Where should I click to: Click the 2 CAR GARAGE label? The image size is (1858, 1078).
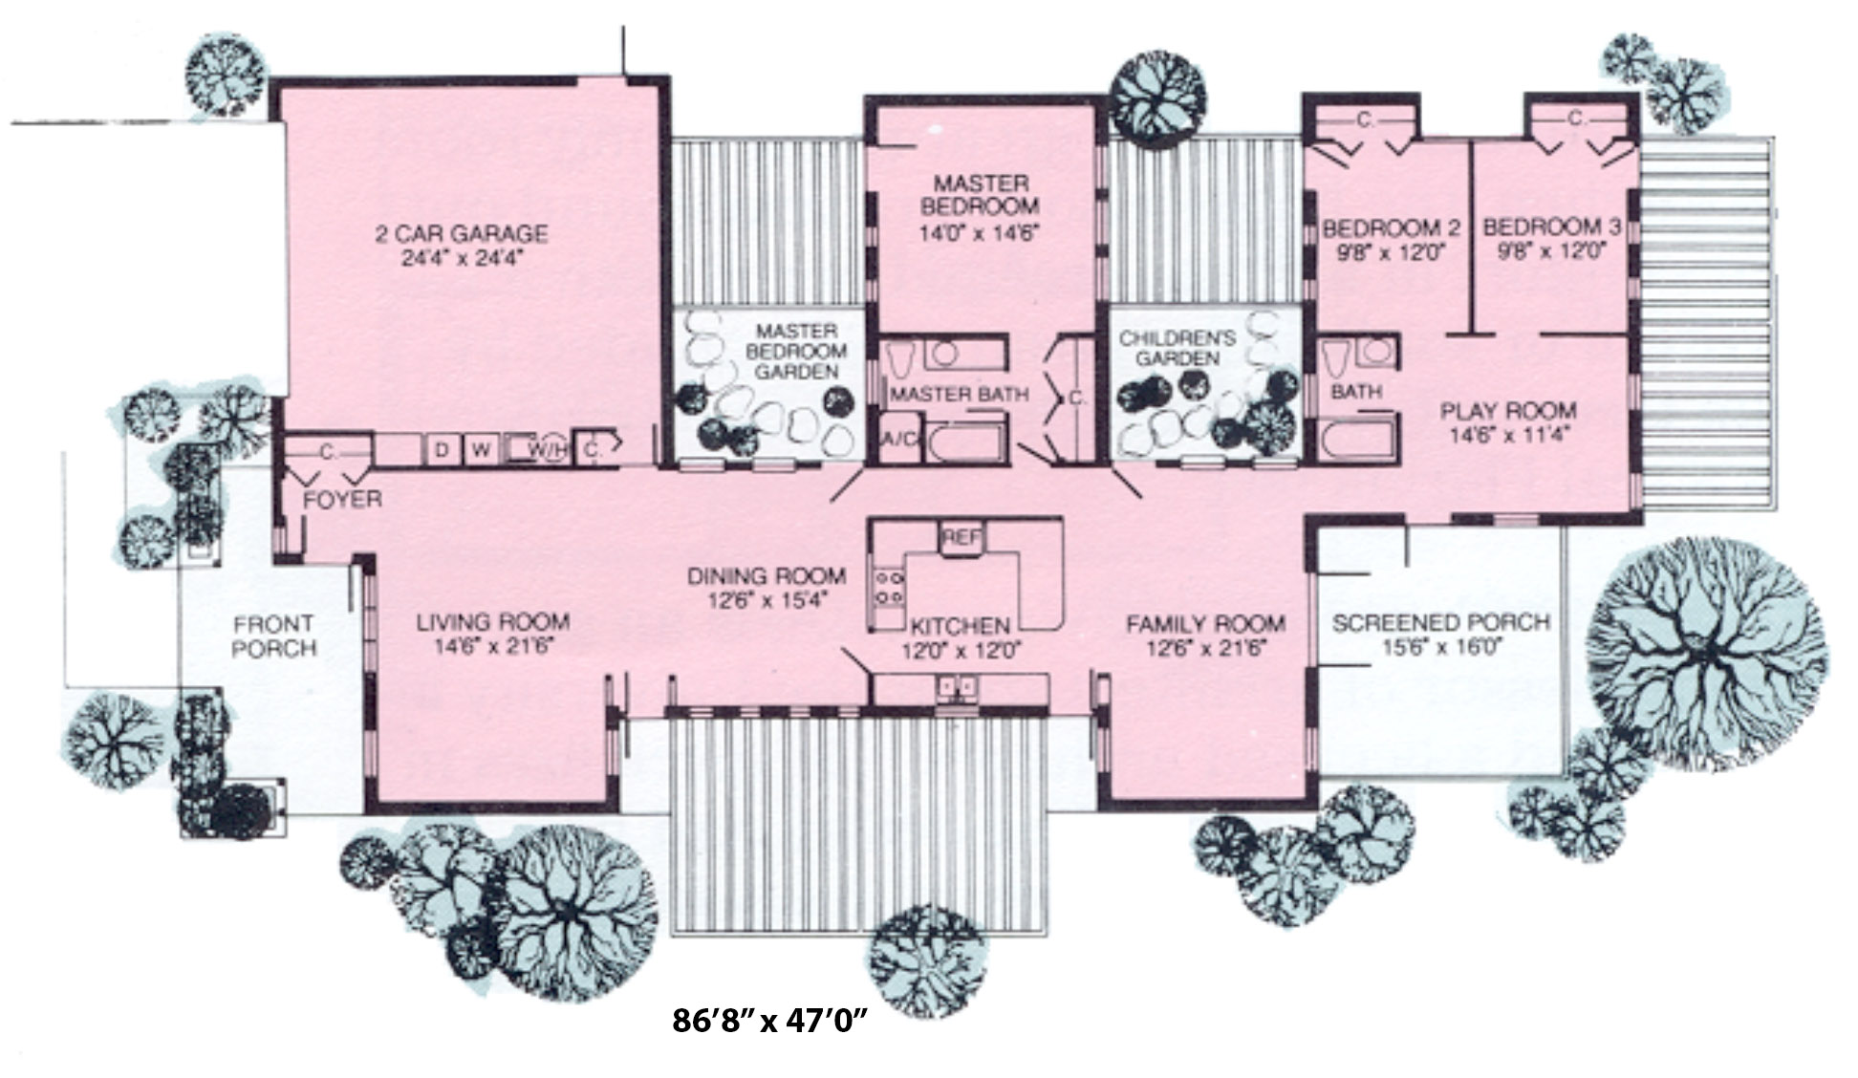(461, 233)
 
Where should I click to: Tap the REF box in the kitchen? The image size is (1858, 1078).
(960, 538)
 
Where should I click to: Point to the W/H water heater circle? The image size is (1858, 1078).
(550, 449)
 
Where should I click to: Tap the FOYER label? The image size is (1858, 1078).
(342, 499)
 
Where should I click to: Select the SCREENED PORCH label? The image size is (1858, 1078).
(1440, 623)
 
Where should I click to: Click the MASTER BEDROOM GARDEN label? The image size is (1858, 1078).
(796, 351)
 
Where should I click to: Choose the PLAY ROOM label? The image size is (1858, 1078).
(1508, 411)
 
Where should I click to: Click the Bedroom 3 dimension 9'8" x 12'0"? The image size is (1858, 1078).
(1550, 251)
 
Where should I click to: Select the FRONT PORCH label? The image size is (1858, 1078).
(274, 636)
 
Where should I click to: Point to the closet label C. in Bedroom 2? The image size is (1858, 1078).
(1366, 120)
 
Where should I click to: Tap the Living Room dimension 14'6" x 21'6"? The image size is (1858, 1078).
(493, 645)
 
